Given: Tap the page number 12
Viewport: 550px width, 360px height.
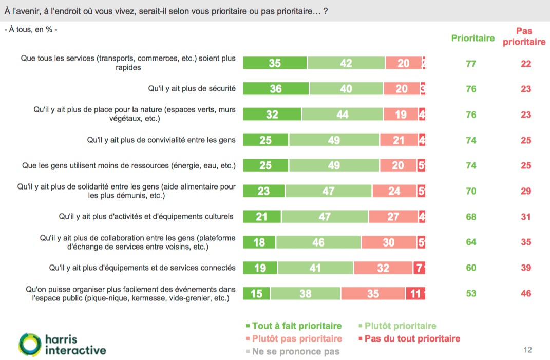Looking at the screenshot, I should pos(527,350).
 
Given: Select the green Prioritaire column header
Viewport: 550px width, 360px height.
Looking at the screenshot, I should pos(472,38).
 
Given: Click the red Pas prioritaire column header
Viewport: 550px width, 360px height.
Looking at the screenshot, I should pos(524,36).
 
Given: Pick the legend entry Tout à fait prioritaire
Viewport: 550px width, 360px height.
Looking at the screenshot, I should pos(294,326).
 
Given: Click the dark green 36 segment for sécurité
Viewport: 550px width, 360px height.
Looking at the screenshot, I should pos(275,89).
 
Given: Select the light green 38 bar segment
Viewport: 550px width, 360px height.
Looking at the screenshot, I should pos(305,293).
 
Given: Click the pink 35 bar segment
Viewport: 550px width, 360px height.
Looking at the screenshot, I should pos(373,293).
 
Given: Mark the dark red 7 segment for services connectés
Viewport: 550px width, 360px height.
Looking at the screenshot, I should pos(419,268).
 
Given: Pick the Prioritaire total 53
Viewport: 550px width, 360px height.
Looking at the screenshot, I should pos(471,293).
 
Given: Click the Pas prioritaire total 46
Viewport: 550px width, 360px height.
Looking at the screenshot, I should pos(525,293).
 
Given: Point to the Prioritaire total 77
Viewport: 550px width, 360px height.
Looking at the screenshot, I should pos(471,64).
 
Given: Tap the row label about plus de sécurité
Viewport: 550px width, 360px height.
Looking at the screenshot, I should pos(192,89).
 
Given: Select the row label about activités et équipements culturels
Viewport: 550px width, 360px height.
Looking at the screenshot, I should pos(146,216).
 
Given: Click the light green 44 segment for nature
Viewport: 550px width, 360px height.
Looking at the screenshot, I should pos(342,115).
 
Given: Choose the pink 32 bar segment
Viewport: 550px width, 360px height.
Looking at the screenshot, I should pos(383,268).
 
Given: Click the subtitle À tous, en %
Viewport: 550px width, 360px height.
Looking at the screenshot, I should pos(31,29).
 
